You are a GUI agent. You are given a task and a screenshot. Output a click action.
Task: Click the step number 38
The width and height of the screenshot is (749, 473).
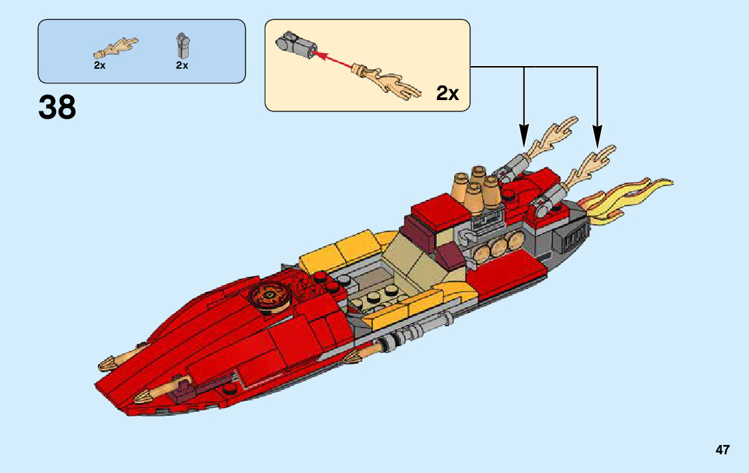tap(57, 107)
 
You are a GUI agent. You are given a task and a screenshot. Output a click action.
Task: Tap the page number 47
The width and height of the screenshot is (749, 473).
tap(722, 450)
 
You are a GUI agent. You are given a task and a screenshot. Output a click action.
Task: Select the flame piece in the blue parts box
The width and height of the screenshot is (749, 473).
tap(117, 47)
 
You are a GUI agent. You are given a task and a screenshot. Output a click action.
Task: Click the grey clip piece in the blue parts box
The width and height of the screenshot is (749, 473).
tap(181, 45)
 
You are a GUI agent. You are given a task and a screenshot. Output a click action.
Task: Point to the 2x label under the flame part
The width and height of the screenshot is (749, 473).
tap(99, 65)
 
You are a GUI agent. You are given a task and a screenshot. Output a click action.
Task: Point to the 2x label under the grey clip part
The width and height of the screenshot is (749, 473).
tap(182, 65)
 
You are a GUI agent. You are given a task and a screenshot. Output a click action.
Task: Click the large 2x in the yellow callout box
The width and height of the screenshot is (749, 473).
tap(448, 93)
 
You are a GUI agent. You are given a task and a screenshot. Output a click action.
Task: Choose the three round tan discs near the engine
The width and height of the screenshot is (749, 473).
tap(500, 248)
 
